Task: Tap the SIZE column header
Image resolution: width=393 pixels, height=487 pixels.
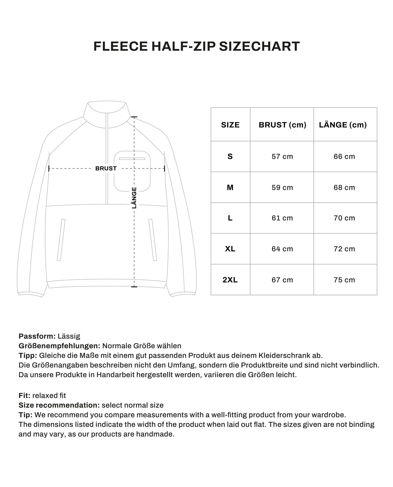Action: (230, 125)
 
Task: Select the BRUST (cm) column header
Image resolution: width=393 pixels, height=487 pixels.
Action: (282, 125)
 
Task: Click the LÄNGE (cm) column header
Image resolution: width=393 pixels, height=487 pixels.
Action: (343, 125)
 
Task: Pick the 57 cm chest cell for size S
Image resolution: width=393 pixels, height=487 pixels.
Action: (282, 157)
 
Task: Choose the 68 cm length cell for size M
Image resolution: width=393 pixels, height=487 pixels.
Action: (344, 188)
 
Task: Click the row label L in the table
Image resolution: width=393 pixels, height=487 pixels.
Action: (230, 218)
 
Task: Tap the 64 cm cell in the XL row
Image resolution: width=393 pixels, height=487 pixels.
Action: (282, 249)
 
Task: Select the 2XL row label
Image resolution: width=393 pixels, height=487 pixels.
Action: (230, 280)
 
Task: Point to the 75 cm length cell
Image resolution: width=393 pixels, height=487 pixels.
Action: (344, 280)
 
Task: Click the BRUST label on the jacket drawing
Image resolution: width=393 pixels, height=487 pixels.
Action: (106, 169)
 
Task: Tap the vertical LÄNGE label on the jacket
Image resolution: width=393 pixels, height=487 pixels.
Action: (134, 198)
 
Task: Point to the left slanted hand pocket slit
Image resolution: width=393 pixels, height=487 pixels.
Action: (61, 240)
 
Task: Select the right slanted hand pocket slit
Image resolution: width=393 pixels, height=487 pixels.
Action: (153, 240)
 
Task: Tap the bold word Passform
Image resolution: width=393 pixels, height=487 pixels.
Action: (37, 336)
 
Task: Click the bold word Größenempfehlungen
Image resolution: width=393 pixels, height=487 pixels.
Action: (59, 346)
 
